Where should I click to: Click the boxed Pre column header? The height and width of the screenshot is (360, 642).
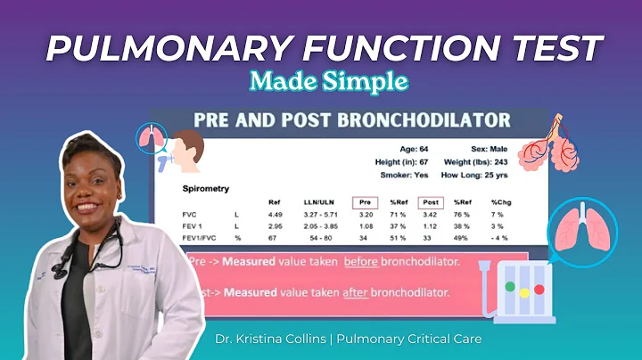(x=365, y=201)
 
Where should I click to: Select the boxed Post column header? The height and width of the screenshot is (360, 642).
(x=432, y=201)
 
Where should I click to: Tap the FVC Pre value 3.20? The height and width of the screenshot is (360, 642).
(x=365, y=215)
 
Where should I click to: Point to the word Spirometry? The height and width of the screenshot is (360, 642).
(x=207, y=189)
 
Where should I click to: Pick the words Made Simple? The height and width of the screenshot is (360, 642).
(x=329, y=81)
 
